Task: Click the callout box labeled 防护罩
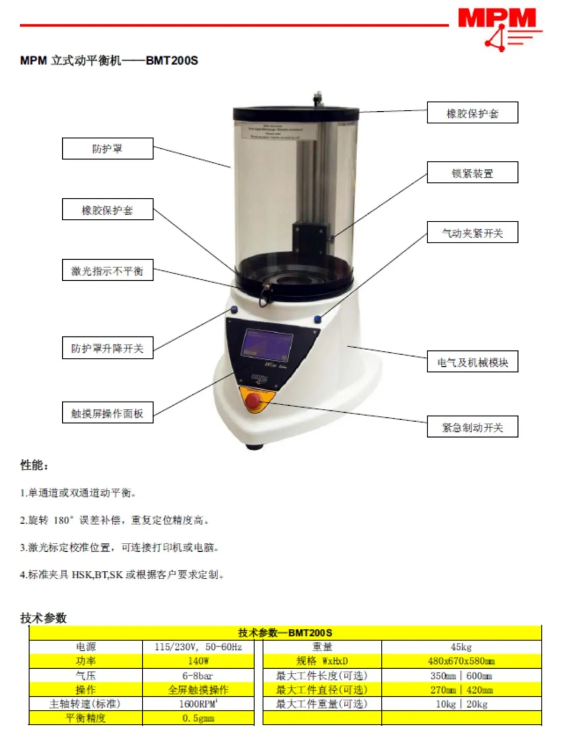[107, 149]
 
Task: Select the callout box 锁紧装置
[472, 173]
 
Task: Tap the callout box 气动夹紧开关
[472, 232]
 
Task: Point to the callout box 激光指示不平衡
[107, 271]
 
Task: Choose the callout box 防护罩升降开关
[107, 348]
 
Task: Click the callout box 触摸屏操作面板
[107, 413]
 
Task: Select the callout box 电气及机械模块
[472, 362]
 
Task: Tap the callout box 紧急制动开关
[472, 427]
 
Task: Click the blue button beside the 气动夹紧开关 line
[318, 319]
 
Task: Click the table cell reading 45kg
[461, 647]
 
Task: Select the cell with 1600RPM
[198, 704]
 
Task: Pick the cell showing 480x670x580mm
[461, 661]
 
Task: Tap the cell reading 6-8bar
[198, 676]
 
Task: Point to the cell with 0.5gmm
[198, 718]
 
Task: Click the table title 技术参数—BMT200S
[285, 633]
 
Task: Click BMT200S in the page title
[172, 61]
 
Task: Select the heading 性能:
[34, 465]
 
